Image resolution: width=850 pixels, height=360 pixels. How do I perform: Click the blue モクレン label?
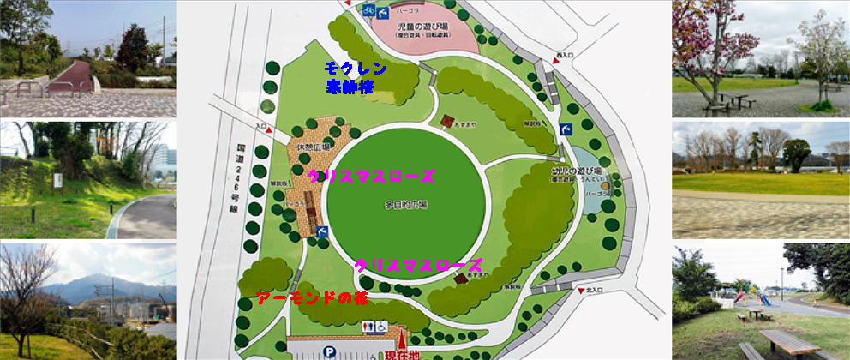[x=356, y=69]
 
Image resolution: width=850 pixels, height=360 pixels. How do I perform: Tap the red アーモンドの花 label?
[x=299, y=298]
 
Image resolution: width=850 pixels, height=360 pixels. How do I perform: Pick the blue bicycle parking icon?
[x=370, y=10]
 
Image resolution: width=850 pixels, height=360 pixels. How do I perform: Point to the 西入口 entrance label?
[x=563, y=56]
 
